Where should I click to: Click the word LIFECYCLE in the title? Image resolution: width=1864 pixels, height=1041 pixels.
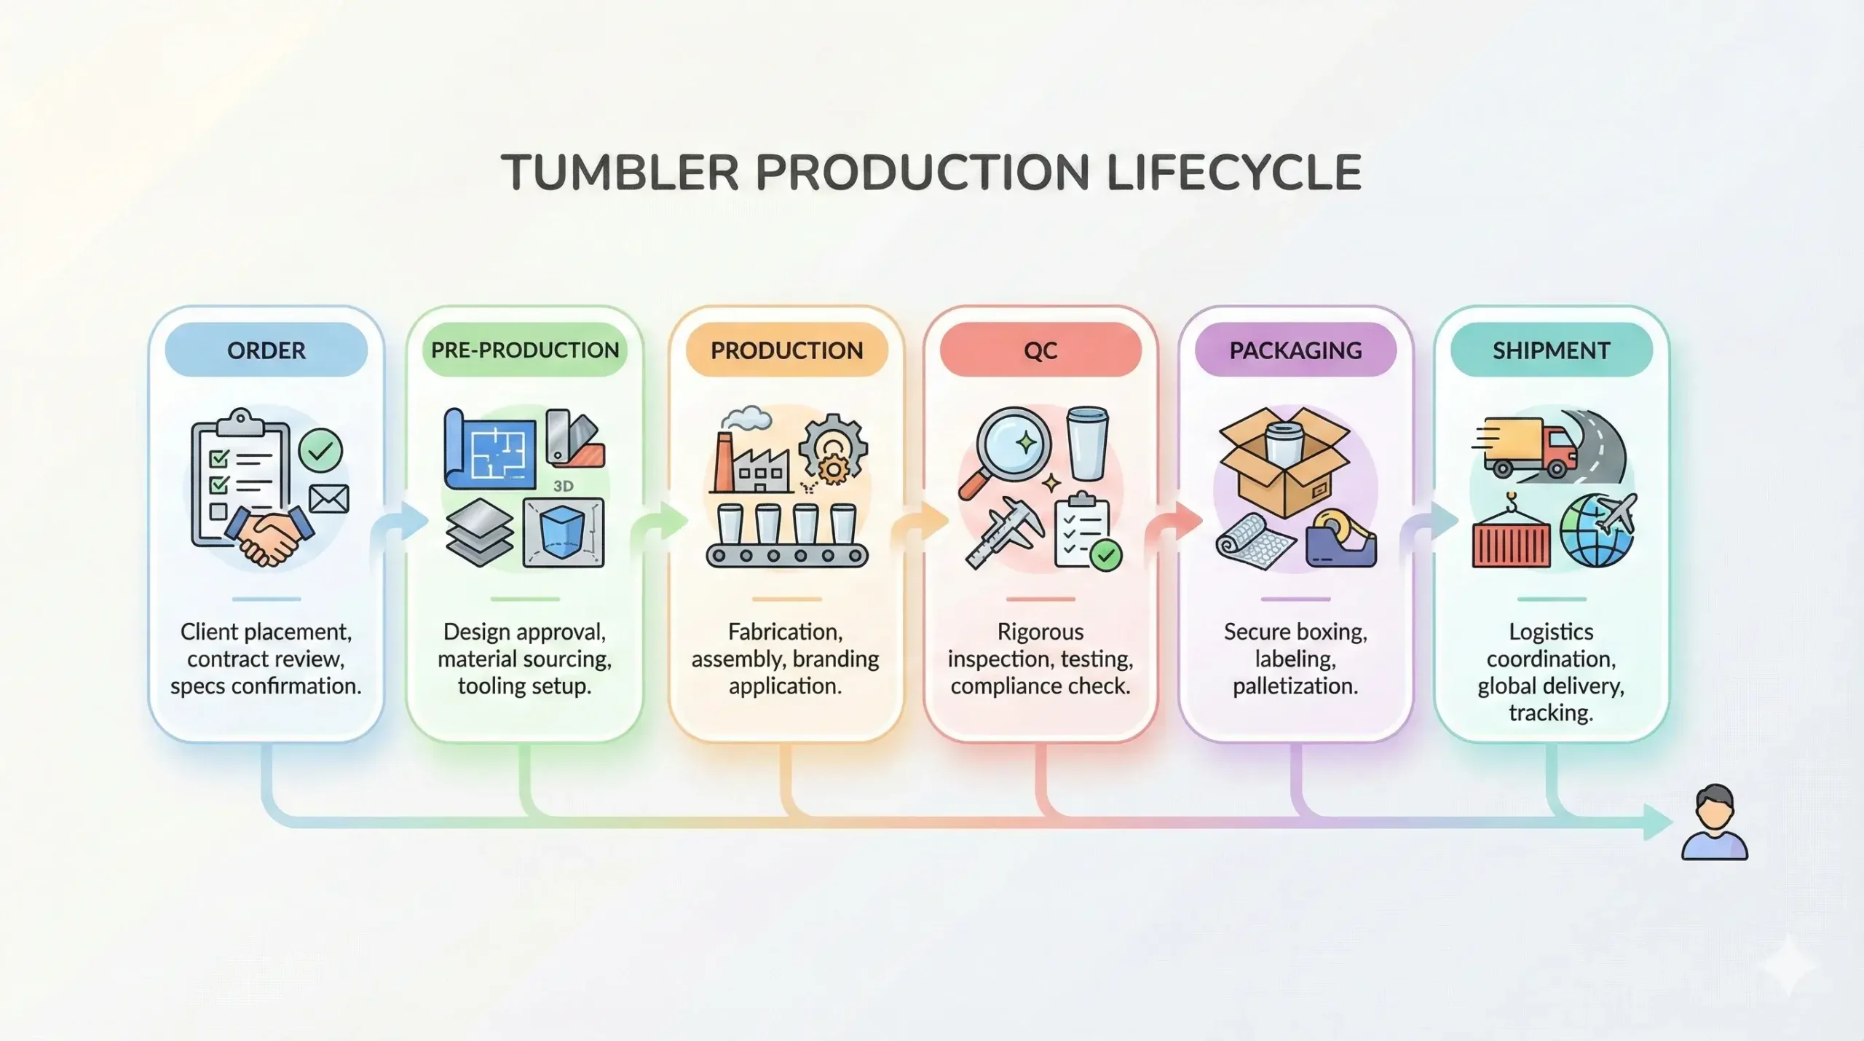[1233, 173]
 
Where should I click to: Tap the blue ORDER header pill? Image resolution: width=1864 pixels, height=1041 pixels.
[266, 350]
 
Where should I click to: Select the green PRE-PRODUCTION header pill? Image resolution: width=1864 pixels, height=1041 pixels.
[524, 350]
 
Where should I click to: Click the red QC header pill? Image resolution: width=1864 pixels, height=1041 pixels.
[1040, 350]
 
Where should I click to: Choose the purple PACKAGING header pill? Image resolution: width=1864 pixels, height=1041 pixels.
[1295, 350]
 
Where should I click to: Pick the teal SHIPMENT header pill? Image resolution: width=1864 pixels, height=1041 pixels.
[1551, 350]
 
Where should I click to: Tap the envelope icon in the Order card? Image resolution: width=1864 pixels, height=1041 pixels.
[328, 499]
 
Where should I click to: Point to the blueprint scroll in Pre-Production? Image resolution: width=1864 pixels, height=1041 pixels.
[489, 449]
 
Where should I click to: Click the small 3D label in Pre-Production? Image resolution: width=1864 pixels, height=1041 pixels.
[563, 486]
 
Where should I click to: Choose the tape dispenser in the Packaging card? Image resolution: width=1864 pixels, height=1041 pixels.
[1341, 538]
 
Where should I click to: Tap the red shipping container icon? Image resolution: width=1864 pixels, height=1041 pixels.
[1511, 540]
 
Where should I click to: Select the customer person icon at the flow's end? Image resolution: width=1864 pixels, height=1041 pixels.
[1714, 823]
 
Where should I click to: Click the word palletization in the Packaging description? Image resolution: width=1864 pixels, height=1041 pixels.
[1295, 686]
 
